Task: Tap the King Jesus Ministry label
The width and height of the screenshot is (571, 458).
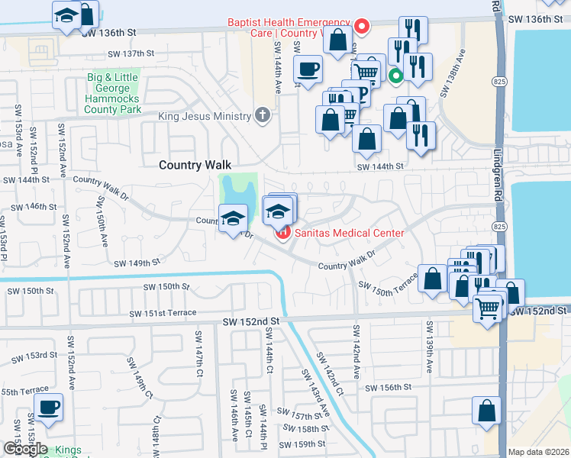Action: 205,116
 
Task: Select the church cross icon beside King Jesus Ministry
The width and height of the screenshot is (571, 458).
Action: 263,116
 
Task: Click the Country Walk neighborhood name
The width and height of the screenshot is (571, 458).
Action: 194,165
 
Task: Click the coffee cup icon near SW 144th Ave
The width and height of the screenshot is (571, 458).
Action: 308,69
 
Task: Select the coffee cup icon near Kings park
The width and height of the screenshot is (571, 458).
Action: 48,407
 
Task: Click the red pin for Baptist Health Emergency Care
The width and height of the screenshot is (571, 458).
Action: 363,28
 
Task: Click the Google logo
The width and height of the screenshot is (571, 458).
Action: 24,450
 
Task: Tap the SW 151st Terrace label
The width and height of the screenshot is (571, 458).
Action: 163,314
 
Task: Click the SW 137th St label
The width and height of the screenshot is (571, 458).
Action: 131,53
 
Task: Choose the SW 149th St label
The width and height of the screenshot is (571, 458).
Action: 137,263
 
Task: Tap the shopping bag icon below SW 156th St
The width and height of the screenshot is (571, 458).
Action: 486,411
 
